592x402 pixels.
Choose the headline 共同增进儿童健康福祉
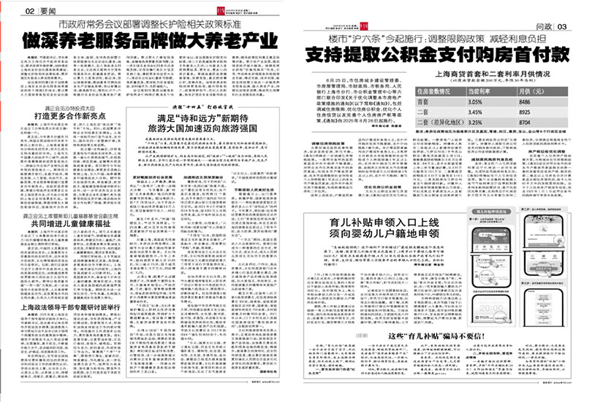(58, 226)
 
